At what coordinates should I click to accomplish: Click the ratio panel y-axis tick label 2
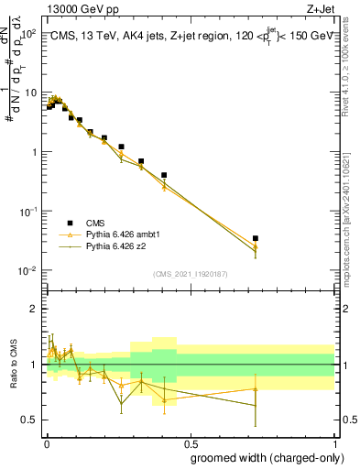pyautogui.click(x=34, y=309)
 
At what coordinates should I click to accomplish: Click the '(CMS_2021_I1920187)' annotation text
pyautogui.click(x=190, y=274)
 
